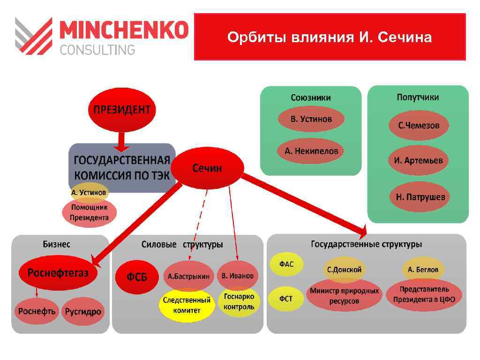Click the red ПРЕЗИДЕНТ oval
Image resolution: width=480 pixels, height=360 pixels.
pyautogui.click(x=122, y=110)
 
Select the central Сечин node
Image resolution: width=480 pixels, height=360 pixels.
pyautogui.click(x=207, y=168)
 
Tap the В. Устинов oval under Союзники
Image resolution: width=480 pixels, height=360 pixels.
pyautogui.click(x=311, y=119)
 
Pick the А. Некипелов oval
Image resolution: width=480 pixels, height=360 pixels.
pyautogui.click(x=311, y=151)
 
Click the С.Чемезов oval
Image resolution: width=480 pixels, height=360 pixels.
pyautogui.click(x=419, y=126)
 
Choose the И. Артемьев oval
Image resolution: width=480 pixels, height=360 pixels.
pyautogui.click(x=418, y=160)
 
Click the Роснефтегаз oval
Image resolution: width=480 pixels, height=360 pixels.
pyautogui.click(x=58, y=273)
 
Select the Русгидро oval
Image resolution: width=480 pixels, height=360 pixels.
pyautogui.click(x=83, y=312)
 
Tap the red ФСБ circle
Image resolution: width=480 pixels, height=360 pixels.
pyautogui.click(x=137, y=277)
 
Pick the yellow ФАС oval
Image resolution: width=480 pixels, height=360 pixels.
pyautogui.click(x=286, y=264)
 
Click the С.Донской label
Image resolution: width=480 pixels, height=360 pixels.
pyautogui.click(x=344, y=270)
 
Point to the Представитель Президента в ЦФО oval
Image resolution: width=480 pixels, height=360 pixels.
pyautogui.click(x=424, y=295)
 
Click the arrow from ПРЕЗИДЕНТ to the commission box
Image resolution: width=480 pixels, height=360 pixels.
pyautogui.click(x=121, y=140)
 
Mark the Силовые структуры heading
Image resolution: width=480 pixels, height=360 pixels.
pyautogui.click(x=182, y=245)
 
